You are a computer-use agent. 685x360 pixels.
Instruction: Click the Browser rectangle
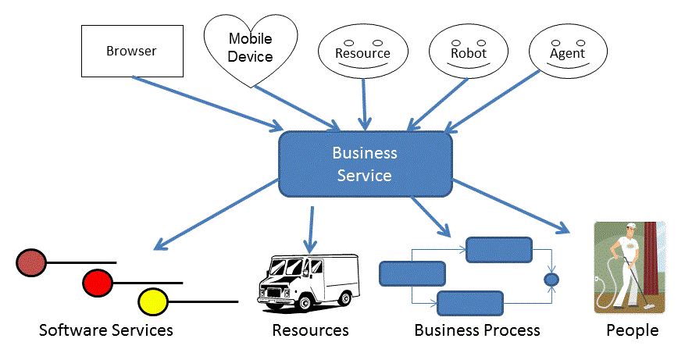point(130,52)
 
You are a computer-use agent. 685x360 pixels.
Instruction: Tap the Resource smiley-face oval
point(362,54)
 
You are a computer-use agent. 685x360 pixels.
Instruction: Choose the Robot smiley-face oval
point(468,54)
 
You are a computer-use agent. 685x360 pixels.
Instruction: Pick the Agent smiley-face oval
point(567,54)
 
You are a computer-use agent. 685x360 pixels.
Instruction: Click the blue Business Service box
point(365,164)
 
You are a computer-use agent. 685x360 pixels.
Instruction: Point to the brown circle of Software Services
point(31,262)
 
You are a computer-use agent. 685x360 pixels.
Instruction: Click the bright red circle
point(97,281)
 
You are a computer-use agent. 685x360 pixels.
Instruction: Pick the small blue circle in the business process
point(551,279)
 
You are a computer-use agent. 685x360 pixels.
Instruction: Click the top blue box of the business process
point(499,250)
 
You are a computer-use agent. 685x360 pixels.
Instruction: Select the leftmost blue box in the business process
point(412,273)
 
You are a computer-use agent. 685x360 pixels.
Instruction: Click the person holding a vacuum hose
point(628,266)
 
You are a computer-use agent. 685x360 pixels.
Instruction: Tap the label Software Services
point(105,330)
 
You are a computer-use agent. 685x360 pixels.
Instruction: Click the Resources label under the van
point(310,330)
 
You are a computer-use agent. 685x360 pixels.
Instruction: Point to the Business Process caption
point(476,330)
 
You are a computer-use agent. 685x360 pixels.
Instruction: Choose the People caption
point(632,330)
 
